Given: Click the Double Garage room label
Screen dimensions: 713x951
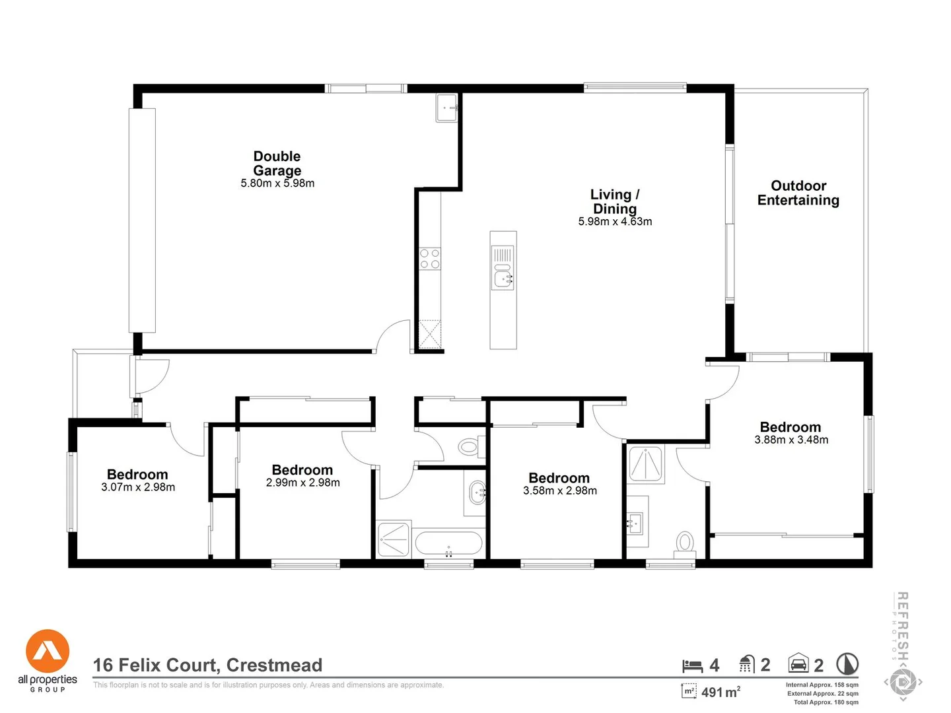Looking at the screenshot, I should [277, 163].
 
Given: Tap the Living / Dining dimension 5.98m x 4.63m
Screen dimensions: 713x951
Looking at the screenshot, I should [615, 222].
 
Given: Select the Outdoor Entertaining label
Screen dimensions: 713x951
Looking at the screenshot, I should [798, 193].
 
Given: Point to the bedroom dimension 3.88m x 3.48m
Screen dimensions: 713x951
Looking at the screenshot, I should [791, 440].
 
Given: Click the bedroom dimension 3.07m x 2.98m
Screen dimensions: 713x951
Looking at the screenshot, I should [138, 487].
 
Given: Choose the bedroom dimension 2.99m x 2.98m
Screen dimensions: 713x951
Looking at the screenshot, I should [302, 483].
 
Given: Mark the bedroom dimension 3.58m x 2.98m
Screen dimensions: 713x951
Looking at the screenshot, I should [559, 491].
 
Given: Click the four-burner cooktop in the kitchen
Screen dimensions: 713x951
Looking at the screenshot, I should [430, 259].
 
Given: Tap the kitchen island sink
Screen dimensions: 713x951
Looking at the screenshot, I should [503, 278].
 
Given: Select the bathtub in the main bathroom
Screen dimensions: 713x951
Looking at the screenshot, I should [448, 543].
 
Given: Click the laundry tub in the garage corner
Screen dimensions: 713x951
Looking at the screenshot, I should [446, 107].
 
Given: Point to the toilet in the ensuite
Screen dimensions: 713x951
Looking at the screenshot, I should [685, 543].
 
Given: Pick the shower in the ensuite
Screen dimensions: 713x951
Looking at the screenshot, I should [646, 465].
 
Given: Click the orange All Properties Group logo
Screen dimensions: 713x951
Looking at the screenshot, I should [48, 651].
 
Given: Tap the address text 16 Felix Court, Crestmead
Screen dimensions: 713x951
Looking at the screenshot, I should [207, 665].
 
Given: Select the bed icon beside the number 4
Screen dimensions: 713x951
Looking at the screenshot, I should [691, 665].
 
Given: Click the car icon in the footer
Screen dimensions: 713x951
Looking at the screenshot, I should [798, 663].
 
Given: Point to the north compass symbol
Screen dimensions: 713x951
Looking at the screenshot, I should [847, 663].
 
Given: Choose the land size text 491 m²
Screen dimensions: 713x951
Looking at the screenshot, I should [720, 692].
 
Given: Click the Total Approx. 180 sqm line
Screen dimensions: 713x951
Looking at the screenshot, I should [826, 702].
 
